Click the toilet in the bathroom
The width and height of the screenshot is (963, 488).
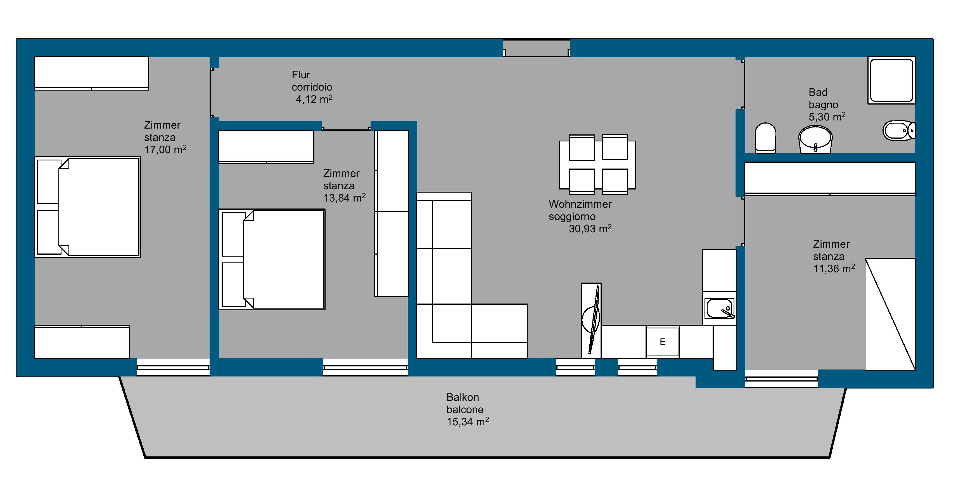765,138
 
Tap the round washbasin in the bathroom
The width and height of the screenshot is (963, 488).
815,139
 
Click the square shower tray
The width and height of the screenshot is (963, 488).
891,80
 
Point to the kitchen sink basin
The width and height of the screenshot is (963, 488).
719,308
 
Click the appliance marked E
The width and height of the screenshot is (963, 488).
662,342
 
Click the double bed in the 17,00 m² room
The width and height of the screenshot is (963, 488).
87,207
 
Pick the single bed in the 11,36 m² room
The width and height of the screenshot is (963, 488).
890,314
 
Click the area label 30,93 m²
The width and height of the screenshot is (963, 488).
590,228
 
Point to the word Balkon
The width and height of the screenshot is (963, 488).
462,397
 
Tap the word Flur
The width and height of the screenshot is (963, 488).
301,75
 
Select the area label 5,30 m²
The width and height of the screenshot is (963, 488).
827,117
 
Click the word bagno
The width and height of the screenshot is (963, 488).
823,105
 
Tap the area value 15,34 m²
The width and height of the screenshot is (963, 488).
468,422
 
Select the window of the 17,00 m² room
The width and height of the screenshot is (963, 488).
173,368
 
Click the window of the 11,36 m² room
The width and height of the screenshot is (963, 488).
782,379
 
